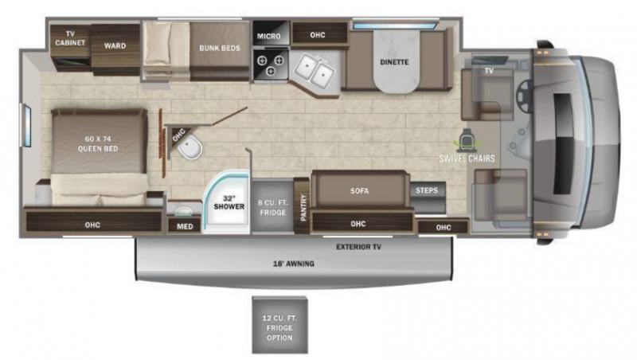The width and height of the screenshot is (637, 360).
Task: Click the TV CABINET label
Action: (70, 38)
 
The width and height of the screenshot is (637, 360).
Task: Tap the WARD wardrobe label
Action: (115, 45)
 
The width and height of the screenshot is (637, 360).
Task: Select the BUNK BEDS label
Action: (220, 48)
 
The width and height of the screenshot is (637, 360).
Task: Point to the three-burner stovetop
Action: (271, 65)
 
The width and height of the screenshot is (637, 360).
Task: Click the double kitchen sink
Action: (315, 69)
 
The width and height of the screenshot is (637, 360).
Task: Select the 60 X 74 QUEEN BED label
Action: (98, 144)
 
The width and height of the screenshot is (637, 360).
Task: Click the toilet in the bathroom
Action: (190, 147)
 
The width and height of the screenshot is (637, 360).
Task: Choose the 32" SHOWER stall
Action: (226, 202)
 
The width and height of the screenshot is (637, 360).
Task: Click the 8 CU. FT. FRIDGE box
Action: (272, 206)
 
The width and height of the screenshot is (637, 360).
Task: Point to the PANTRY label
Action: (303, 207)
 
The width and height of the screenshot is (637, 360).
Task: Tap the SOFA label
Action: (360, 190)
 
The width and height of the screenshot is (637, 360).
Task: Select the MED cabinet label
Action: (185, 226)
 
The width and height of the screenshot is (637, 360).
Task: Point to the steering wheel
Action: (524, 96)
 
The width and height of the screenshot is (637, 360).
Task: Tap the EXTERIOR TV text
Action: (359, 247)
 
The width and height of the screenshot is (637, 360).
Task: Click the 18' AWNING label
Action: (294, 264)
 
